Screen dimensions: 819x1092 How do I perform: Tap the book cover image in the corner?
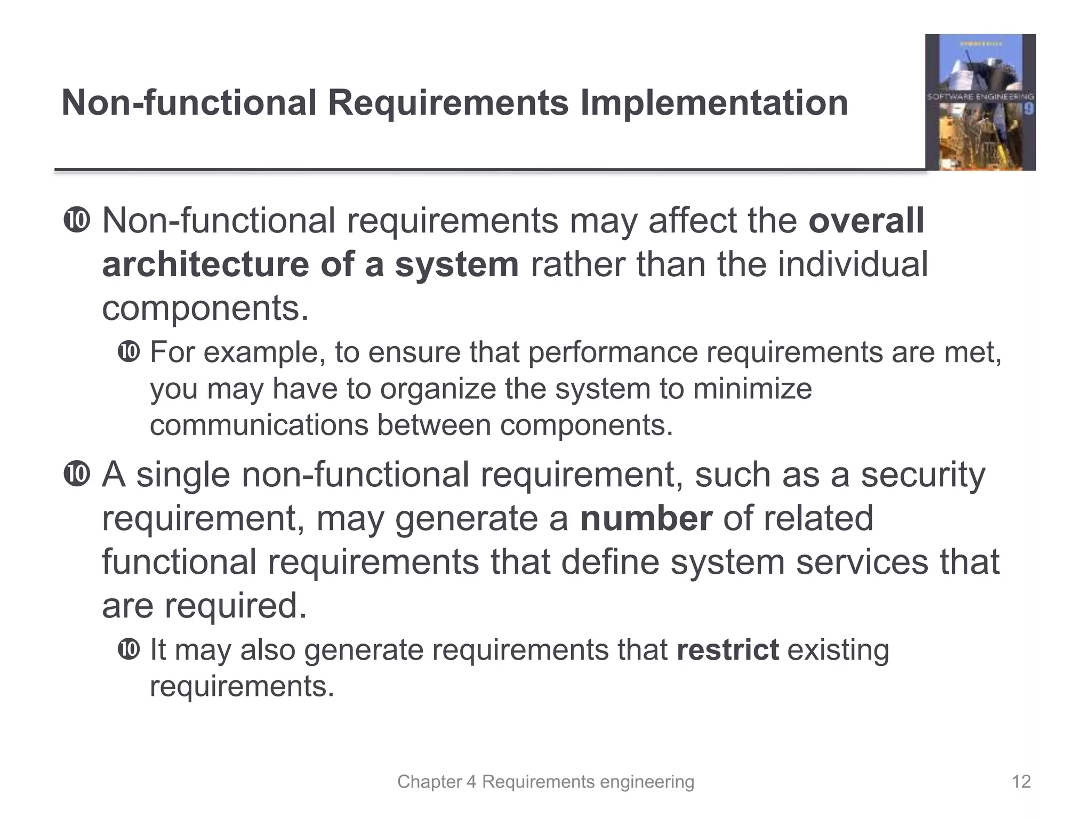pyautogui.click(x=980, y=102)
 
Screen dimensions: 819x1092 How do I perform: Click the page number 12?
pyautogui.click(x=1021, y=782)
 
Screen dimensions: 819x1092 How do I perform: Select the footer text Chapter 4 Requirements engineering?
pyautogui.click(x=545, y=782)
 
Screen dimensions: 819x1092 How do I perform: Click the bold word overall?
pyautogui.click(x=866, y=220)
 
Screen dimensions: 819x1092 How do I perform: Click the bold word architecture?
pyautogui.click(x=205, y=264)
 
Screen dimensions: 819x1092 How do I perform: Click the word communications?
pyautogui.click(x=259, y=425)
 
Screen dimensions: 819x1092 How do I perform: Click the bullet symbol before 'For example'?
pyautogui.click(x=129, y=352)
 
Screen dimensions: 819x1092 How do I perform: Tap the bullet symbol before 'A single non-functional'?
pyautogui.click(x=76, y=474)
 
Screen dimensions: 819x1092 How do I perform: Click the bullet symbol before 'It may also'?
pyautogui.click(x=129, y=649)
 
